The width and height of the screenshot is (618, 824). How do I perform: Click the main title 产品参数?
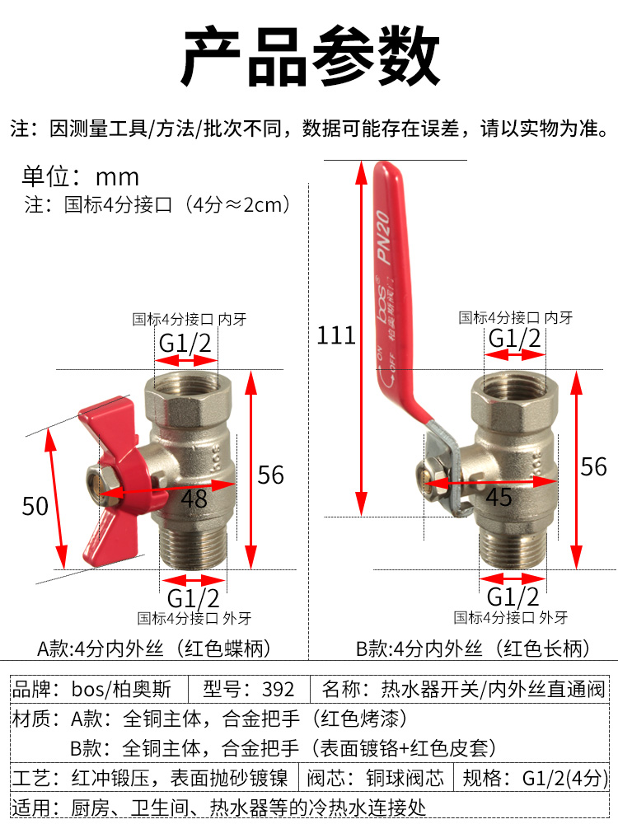pyautogui.click(x=310, y=56)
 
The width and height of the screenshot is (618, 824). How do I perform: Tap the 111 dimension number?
pyautogui.click(x=336, y=335)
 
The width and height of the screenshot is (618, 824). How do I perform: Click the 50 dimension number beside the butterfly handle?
pyautogui.click(x=35, y=506)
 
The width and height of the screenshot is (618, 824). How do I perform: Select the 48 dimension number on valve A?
pyautogui.click(x=194, y=499)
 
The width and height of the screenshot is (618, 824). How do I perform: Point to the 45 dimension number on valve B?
pyautogui.click(x=499, y=497)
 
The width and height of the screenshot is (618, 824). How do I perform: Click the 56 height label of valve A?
pyautogui.click(x=270, y=475)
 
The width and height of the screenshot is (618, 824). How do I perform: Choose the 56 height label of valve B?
pyautogui.click(x=594, y=466)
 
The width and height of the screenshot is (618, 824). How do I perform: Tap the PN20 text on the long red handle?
pyautogui.click(x=384, y=237)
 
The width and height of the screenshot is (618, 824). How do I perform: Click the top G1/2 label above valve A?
pyautogui.click(x=185, y=344)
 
